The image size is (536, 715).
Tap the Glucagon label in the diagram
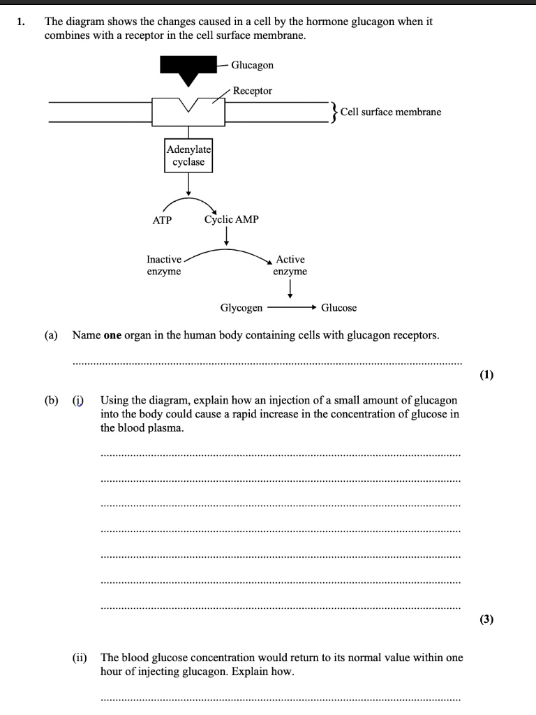(x=252, y=65)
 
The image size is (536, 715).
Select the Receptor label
(x=253, y=91)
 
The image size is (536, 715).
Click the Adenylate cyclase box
(x=188, y=155)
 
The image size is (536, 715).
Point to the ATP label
(x=162, y=220)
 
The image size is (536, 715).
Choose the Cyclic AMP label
(x=231, y=219)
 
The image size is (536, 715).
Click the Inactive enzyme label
(x=164, y=265)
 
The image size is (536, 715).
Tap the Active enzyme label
(x=290, y=265)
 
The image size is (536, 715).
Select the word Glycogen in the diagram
(x=241, y=307)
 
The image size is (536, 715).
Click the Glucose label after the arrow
(x=338, y=307)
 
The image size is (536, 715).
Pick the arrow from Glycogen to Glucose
(x=292, y=307)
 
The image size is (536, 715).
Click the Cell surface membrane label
(x=391, y=112)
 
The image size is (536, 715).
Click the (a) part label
(x=51, y=335)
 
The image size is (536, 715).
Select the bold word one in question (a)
(x=112, y=335)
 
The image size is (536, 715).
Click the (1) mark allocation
(x=486, y=375)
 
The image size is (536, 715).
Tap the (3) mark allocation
(x=486, y=619)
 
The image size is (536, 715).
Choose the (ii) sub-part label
(x=80, y=658)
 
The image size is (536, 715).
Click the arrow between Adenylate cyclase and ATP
(x=188, y=185)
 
